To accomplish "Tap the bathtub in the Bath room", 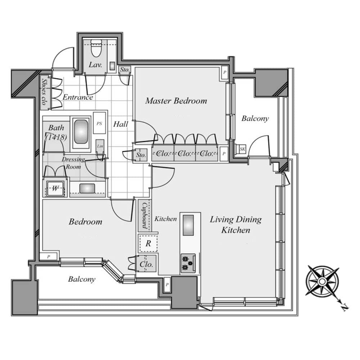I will pos(81,131).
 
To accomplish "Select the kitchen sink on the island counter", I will pos(188,225).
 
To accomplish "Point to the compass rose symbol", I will pos(322,281).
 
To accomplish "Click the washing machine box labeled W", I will pos(55,188).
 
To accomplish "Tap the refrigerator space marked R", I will pos(148,243).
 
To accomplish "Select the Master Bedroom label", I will pos(176,101).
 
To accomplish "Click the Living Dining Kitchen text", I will pos(236,224).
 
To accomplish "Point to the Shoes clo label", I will pos(44,92).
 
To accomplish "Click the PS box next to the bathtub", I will pos(99,123).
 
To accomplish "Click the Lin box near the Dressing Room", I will pos(100,146).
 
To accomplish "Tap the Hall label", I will pos(121,125).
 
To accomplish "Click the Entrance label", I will pos(78,97).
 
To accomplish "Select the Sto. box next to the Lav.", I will pos(125,69).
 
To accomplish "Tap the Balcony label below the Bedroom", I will pos(82,279).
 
